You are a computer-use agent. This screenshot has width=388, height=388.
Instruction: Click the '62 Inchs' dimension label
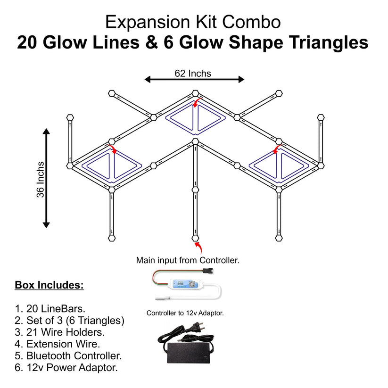click(x=193, y=73)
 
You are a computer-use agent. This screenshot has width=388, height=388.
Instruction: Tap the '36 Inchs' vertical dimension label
click(x=41, y=179)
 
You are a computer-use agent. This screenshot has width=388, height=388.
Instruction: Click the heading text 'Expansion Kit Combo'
click(x=193, y=22)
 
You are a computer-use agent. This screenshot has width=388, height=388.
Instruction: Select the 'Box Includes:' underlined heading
click(x=49, y=285)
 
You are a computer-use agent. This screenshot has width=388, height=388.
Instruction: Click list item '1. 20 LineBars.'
click(x=50, y=309)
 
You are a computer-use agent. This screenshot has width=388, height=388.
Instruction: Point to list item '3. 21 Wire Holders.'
click(x=60, y=332)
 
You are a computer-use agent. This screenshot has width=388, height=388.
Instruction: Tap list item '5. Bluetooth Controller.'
click(x=68, y=356)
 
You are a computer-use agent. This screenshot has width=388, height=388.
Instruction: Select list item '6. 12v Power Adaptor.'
click(x=66, y=368)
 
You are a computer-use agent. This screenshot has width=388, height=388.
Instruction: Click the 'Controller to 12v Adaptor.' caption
click(x=185, y=313)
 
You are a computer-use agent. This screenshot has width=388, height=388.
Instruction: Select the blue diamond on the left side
click(x=112, y=167)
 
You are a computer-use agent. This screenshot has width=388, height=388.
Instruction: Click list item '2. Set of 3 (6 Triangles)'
click(x=69, y=321)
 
